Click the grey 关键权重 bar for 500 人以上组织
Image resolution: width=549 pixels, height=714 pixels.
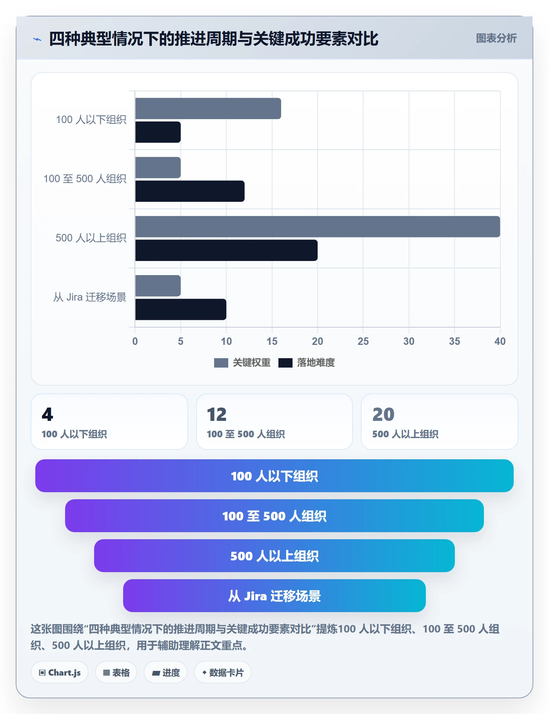(318, 227)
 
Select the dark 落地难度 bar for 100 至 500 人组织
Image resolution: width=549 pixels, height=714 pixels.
(190, 191)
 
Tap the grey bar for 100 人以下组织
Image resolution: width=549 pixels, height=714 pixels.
(208, 109)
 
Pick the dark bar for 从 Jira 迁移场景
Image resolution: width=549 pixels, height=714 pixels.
(181, 309)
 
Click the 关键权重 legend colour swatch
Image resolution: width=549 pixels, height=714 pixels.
(221, 363)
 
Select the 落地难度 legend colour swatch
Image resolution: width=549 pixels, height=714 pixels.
(285, 363)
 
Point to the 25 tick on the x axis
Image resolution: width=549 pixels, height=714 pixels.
(363, 341)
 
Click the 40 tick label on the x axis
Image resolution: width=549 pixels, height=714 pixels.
(500, 341)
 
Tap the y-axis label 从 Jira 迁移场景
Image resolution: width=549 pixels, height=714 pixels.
(90, 297)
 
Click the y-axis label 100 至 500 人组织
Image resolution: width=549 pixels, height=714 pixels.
(85, 179)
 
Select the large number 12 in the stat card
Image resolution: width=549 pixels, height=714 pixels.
(217, 415)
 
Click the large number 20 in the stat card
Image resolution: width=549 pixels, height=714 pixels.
(383, 415)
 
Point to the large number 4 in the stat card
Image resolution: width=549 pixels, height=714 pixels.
(47, 415)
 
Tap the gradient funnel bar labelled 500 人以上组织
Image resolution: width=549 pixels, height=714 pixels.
(274, 556)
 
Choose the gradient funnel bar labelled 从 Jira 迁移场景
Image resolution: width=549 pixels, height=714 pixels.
(274, 596)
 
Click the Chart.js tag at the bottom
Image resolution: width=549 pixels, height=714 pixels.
(60, 672)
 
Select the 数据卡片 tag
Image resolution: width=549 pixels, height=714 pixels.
(223, 672)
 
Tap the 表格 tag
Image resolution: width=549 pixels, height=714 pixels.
(116, 672)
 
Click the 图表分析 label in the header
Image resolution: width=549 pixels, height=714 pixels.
(496, 38)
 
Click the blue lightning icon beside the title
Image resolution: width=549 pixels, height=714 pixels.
(37, 39)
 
